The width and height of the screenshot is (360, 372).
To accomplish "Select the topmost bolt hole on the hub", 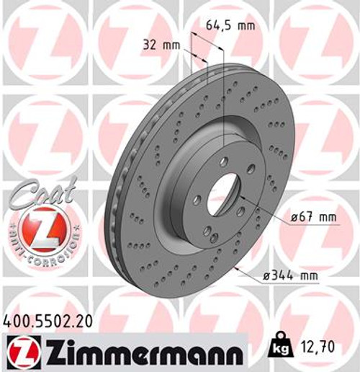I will [224, 161].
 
